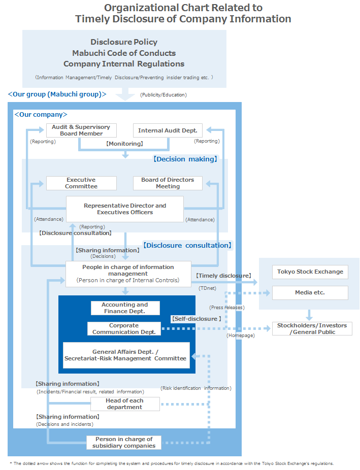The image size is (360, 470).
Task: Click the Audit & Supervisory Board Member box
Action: (x=81, y=130)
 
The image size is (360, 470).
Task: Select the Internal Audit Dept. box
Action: (x=168, y=130)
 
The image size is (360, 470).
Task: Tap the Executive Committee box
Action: (x=81, y=183)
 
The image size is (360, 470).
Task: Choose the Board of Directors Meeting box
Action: (x=168, y=183)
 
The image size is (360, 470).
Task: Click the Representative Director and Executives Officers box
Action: (x=125, y=209)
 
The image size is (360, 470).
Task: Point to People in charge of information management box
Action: (x=128, y=274)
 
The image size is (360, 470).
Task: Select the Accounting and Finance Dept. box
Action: (x=125, y=308)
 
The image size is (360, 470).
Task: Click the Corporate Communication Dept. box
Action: (x=124, y=329)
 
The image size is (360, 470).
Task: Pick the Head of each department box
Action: (x=125, y=404)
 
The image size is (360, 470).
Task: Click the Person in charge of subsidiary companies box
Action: (x=124, y=443)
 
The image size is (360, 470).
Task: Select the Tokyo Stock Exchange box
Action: (x=310, y=272)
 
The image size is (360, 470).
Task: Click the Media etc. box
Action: (x=310, y=293)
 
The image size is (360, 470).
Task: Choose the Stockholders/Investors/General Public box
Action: (x=312, y=328)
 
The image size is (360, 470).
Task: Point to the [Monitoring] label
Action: (x=124, y=144)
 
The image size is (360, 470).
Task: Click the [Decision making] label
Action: (x=185, y=159)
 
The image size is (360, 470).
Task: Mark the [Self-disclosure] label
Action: (x=196, y=319)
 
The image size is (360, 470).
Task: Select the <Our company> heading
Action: (x=41, y=115)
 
